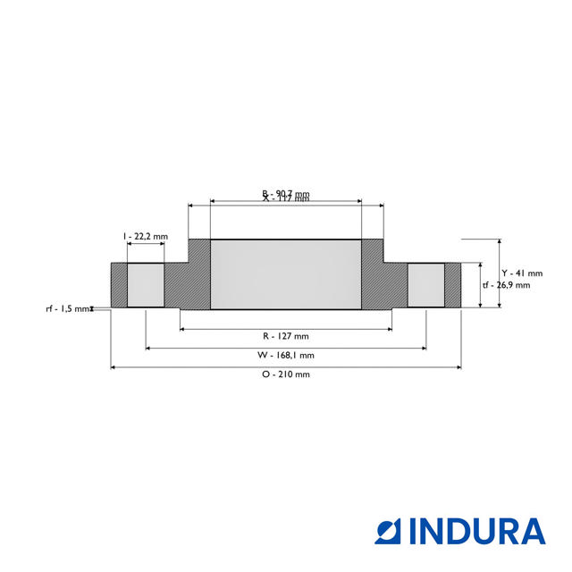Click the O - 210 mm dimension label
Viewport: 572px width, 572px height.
(x=286, y=374)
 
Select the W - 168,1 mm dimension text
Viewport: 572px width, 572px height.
(x=286, y=355)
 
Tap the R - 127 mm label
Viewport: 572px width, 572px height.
(x=286, y=336)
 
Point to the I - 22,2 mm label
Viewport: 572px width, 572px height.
(x=145, y=236)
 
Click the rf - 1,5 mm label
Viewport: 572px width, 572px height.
(x=68, y=308)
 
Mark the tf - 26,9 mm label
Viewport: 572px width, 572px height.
(x=507, y=285)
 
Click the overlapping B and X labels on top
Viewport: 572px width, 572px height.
(x=286, y=196)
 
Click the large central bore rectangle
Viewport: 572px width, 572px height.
(x=286, y=274)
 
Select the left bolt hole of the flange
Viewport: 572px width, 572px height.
(x=146, y=285)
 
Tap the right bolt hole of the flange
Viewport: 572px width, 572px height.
(x=426, y=285)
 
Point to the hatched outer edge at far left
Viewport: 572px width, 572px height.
(x=119, y=285)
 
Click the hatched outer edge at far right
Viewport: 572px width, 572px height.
(x=453, y=285)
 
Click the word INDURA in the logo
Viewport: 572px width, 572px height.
(x=477, y=531)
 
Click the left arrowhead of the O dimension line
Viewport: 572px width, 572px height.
(x=114, y=366)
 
